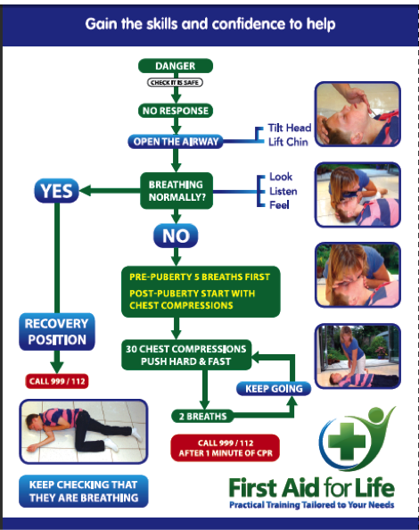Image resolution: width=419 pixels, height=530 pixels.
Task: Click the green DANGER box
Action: point(175,66)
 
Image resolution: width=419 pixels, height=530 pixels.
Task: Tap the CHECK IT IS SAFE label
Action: point(175,83)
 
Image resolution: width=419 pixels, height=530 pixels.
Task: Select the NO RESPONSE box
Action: point(175,112)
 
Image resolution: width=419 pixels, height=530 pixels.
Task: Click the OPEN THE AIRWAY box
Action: point(175,141)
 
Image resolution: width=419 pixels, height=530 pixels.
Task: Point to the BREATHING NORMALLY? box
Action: point(175,189)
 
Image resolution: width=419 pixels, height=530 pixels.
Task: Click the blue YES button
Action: point(56,189)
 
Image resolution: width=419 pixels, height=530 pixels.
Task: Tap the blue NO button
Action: point(175,236)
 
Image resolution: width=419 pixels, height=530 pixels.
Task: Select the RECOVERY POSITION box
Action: point(56,331)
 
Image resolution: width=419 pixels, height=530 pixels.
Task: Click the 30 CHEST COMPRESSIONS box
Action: point(185,355)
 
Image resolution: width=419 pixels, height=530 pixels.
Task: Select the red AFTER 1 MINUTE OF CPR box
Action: point(225,446)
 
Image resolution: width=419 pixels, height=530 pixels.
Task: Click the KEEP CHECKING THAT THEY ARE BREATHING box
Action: point(83,492)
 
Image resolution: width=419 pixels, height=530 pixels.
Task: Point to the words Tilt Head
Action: point(290,128)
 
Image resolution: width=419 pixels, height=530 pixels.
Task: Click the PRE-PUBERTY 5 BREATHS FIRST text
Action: point(199,276)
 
